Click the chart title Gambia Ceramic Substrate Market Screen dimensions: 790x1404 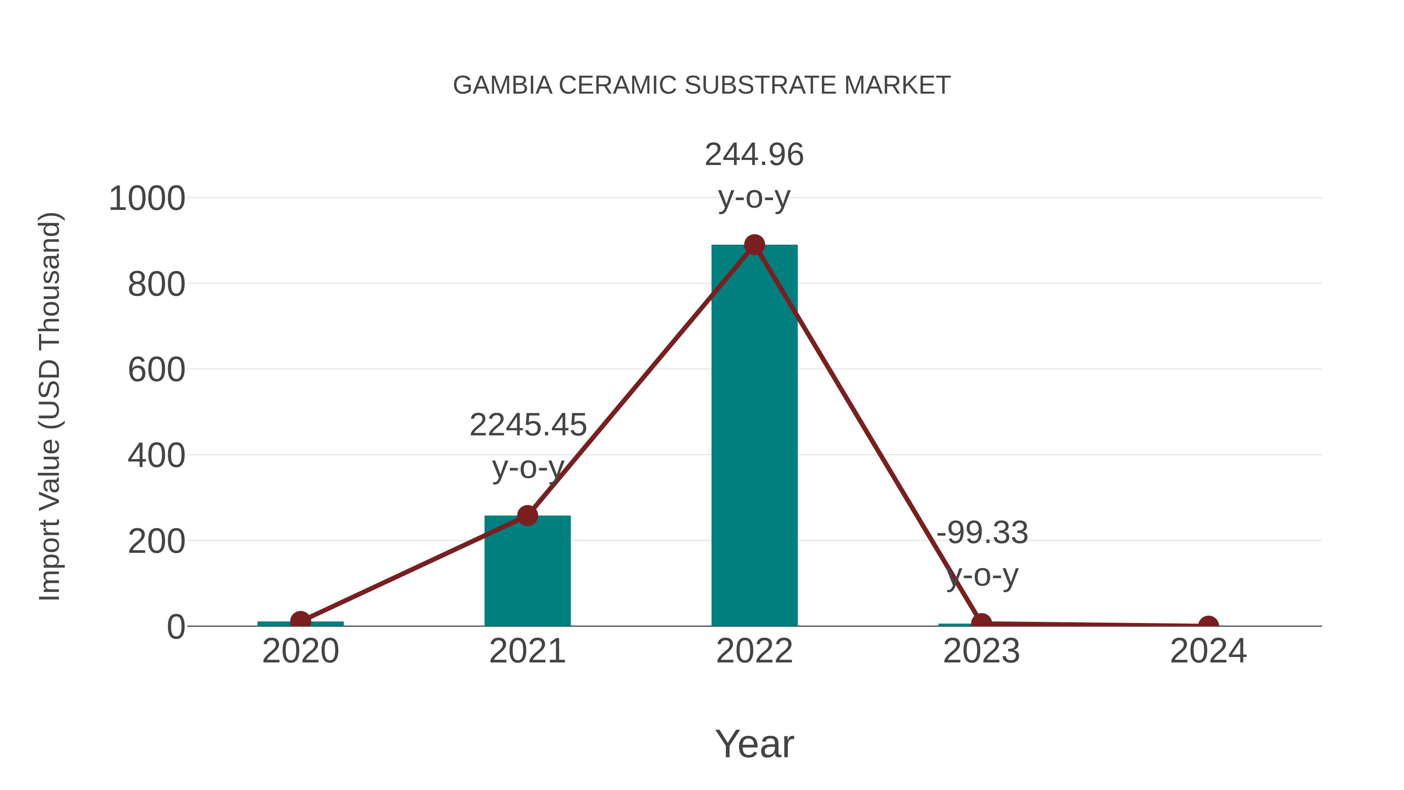click(x=702, y=85)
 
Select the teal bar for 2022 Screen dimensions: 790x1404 click(x=754, y=436)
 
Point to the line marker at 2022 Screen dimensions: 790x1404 click(x=754, y=245)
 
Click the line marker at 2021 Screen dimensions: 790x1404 click(x=527, y=515)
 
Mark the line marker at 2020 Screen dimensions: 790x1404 click(x=300, y=620)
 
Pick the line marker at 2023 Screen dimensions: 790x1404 click(x=981, y=623)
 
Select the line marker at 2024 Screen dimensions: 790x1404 click(x=1208, y=625)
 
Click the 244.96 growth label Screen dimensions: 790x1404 click(x=754, y=155)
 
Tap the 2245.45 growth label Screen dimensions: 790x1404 click(x=528, y=425)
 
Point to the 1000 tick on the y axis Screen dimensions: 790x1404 click(x=147, y=199)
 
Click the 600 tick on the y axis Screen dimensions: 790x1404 click(x=156, y=370)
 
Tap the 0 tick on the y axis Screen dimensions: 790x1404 click(x=176, y=627)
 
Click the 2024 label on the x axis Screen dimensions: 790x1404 click(x=1208, y=652)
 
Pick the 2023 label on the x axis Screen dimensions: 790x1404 click(x=981, y=652)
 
